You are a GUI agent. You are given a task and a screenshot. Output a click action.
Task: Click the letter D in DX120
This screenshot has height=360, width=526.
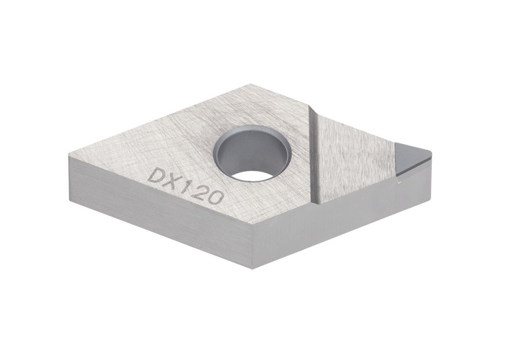(156, 174)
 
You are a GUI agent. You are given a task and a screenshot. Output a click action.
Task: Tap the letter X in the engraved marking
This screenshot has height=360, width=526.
(172, 181)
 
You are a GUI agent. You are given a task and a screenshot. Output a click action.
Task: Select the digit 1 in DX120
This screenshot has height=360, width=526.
(187, 186)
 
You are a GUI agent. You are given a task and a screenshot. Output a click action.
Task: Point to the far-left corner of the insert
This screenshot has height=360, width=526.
(70, 158)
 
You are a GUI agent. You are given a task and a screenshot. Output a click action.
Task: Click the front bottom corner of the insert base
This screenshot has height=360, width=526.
(255, 267)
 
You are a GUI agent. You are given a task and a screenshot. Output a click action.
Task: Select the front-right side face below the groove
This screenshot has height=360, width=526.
(325, 222)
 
